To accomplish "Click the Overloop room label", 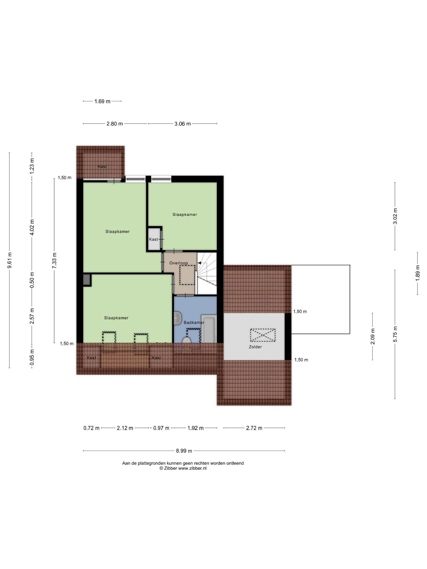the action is [178, 263].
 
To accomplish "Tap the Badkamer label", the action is [194, 323].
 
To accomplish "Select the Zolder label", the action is [255, 347].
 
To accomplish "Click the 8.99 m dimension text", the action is [184, 451].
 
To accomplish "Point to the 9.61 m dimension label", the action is [10, 260].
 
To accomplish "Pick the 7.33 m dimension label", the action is [54, 260].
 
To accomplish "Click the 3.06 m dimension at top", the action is [183, 124].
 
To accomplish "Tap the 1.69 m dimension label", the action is [102, 101].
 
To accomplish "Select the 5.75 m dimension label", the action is [395, 334].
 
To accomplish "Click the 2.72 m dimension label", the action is [254, 428].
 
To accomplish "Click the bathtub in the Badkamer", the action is [208, 329].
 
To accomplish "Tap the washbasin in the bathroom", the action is [177, 318].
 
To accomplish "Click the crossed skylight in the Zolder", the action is [263, 335].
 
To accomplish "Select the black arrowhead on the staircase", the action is [199, 263].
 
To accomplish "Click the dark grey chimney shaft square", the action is [87, 280].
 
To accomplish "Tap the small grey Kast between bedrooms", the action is [154, 239].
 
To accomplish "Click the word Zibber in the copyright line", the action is [170, 468].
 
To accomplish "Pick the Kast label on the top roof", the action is [102, 167].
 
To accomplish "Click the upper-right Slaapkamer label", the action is [185, 214].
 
